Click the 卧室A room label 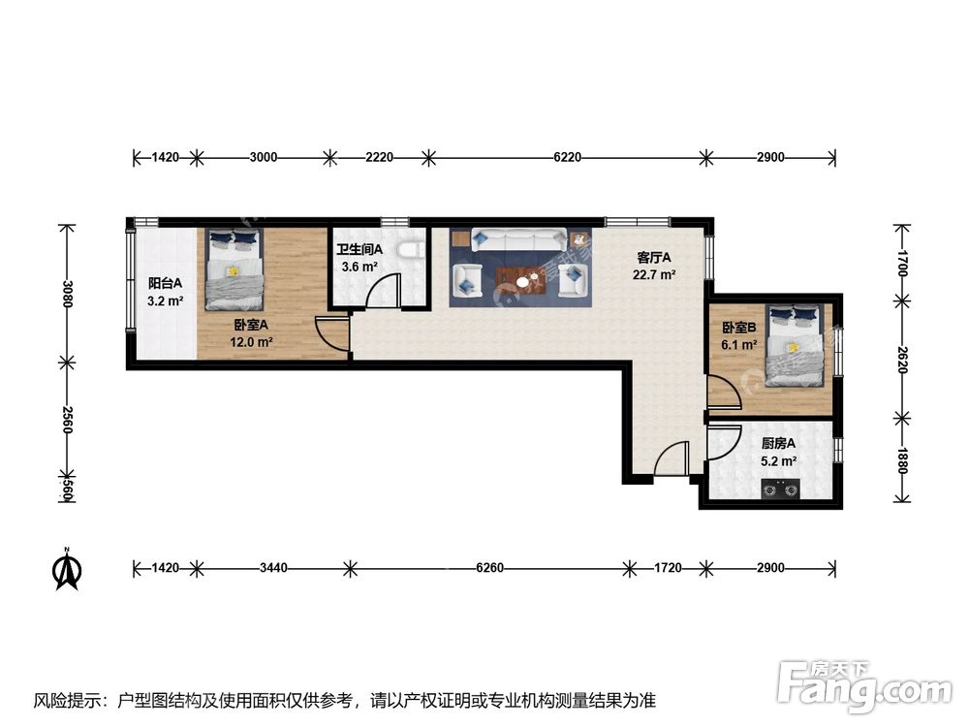252,327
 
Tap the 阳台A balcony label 159,284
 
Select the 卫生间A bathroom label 359,250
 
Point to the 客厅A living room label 655,257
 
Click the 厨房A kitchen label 776,444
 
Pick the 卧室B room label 738,328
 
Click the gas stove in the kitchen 780,489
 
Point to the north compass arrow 67,570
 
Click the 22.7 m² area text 655,274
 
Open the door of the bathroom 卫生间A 388,291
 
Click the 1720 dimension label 666,567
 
